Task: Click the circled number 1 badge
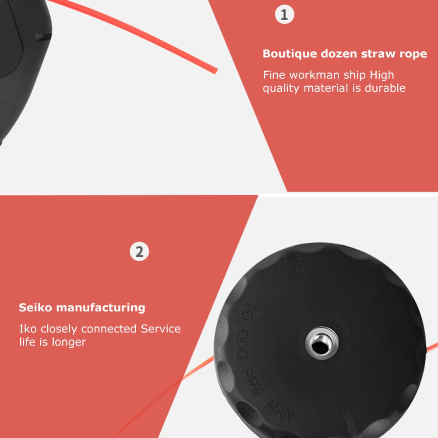[284, 14]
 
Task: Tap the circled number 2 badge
[139, 251]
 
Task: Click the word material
[326, 88]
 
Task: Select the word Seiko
[35, 307]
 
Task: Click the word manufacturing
[101, 308]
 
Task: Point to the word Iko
[28, 329]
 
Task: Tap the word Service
[161, 329]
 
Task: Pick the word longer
[69, 342]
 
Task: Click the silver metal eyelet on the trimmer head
[321, 343]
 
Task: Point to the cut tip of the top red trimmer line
[215, 71]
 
